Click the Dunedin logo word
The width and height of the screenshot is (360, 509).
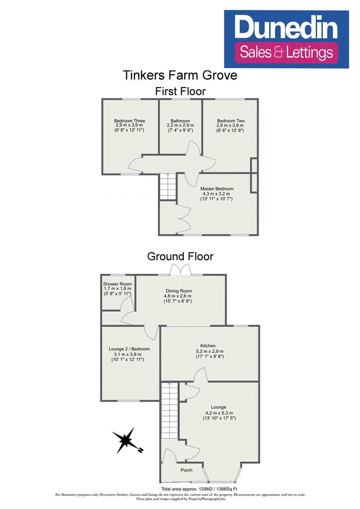pyautogui.click(x=287, y=27)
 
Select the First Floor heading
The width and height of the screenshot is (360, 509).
pyautogui.click(x=180, y=91)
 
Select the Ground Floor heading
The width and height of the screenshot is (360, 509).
pyautogui.click(x=180, y=256)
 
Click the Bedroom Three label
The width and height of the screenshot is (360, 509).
pyautogui.click(x=129, y=121)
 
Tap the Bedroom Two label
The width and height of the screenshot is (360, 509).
pyautogui.click(x=230, y=121)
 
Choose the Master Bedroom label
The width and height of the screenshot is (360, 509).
pyautogui.click(x=217, y=189)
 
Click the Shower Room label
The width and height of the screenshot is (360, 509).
pyautogui.click(x=117, y=284)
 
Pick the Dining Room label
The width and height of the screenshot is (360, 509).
pyautogui.click(x=180, y=291)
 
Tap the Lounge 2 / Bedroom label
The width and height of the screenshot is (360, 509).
pyautogui.click(x=129, y=349)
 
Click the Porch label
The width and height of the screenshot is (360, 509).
pyautogui.click(x=187, y=470)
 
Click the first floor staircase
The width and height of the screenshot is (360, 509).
pyautogui.click(x=167, y=187)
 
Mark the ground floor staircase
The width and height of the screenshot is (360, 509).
pyautogui.click(x=169, y=410)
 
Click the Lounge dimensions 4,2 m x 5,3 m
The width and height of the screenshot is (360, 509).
pyautogui.click(x=219, y=413)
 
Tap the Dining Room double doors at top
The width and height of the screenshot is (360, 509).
pyautogui.click(x=180, y=270)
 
